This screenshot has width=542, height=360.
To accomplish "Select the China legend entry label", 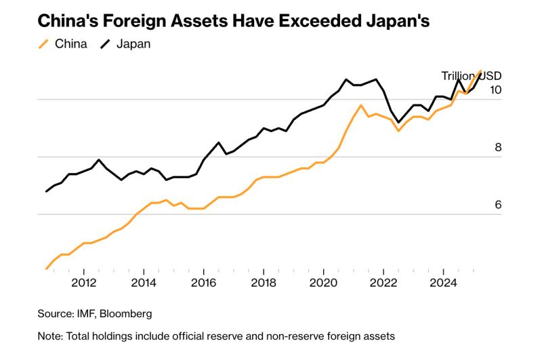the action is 71,44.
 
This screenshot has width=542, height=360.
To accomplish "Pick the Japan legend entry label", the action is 133,44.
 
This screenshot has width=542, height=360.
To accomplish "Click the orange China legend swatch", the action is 43,44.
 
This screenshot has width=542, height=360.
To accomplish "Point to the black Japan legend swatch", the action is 105,44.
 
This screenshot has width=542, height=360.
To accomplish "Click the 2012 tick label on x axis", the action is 83,283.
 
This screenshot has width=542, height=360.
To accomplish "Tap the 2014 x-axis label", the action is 144,283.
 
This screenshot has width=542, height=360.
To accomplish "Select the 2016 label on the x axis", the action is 204,283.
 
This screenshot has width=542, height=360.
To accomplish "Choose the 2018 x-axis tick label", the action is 264,283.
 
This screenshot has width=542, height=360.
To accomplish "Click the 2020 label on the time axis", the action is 323,283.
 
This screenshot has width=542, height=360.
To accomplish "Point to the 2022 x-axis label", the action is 383,283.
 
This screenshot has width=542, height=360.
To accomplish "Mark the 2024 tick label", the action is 443,283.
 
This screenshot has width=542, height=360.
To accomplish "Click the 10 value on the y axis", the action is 496,90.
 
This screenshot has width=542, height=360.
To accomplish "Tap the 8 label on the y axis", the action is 498,147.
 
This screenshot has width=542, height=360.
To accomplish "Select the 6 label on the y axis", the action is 498,205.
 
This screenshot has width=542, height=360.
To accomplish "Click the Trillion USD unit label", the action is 472,76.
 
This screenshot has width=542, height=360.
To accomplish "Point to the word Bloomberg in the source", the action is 126,314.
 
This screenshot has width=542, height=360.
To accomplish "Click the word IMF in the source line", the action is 87,314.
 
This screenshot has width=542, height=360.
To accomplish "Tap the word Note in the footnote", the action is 50,336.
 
